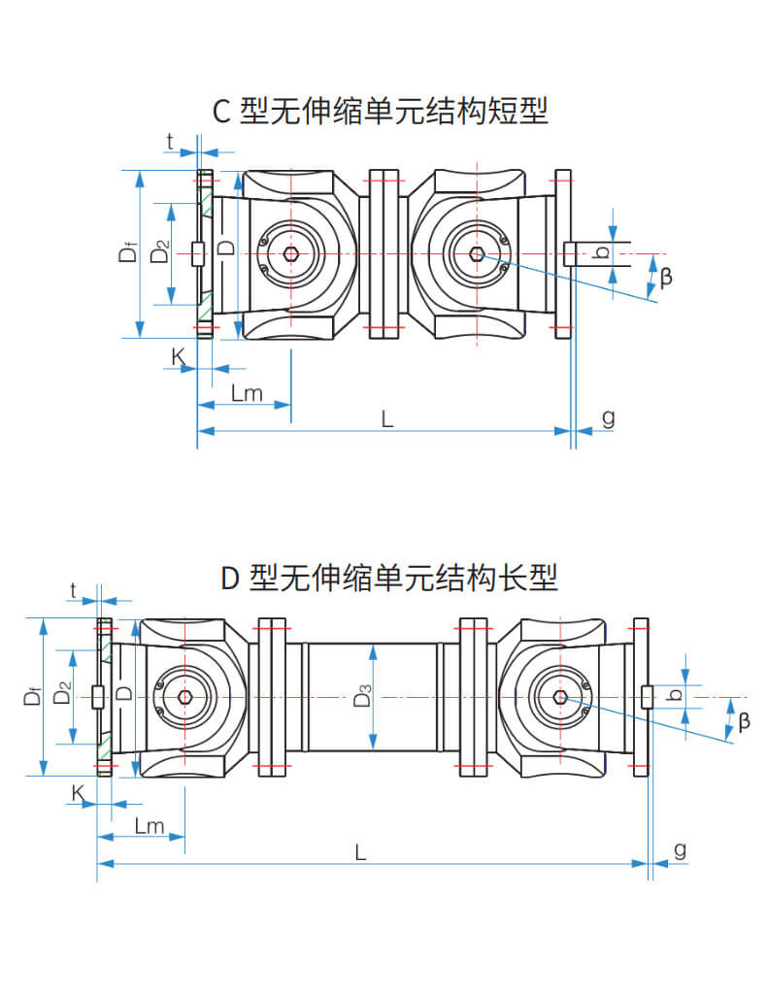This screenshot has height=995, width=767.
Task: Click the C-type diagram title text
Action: click(x=381, y=111)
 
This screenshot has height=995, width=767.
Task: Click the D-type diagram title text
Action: click(x=388, y=579)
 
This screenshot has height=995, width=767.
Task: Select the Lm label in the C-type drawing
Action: click(x=248, y=392)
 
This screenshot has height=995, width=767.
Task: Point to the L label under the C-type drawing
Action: click(x=386, y=418)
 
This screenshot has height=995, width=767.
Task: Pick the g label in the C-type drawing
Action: click(x=609, y=417)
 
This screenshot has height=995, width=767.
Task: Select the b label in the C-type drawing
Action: click(x=603, y=252)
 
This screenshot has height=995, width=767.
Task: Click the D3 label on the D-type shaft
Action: click(x=361, y=697)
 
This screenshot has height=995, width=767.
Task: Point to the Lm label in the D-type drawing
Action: click(x=149, y=826)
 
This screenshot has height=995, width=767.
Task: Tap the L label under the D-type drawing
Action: click(x=360, y=851)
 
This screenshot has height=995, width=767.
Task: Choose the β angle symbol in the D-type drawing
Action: click(x=744, y=720)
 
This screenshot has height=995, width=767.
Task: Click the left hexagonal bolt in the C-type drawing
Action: click(x=291, y=254)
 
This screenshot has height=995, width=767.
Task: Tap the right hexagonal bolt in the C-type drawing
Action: click(x=476, y=254)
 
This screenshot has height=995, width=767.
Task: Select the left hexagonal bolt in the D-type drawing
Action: click(x=184, y=697)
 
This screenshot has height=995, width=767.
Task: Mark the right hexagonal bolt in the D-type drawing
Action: click(x=560, y=697)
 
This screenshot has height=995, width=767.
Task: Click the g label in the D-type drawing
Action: click(x=680, y=849)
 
